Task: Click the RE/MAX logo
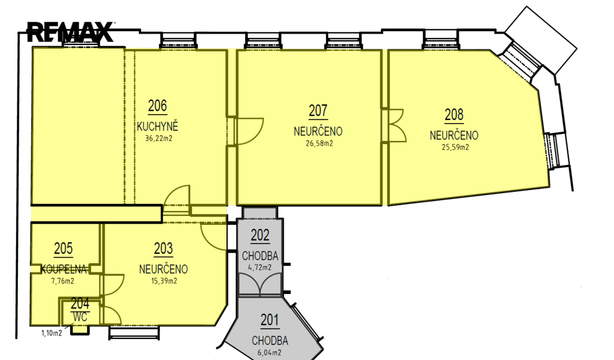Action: [70, 32]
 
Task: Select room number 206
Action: [158, 106]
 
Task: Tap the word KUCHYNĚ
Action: [158, 127]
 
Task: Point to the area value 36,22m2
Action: [158, 138]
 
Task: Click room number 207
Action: [318, 111]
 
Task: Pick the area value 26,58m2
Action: [320, 143]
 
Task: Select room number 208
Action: [454, 115]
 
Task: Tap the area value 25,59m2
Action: [456, 147]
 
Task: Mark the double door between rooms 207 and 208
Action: [396, 125]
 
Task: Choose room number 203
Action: [163, 248]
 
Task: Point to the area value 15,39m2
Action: [164, 281]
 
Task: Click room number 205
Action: [64, 248]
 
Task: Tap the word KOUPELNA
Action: [64, 269]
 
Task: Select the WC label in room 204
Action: [80, 317]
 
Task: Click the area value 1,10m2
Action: [52, 334]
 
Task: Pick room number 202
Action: [260, 235]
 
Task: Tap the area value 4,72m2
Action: [260, 268]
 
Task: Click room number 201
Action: [270, 320]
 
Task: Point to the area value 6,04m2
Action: [269, 353]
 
